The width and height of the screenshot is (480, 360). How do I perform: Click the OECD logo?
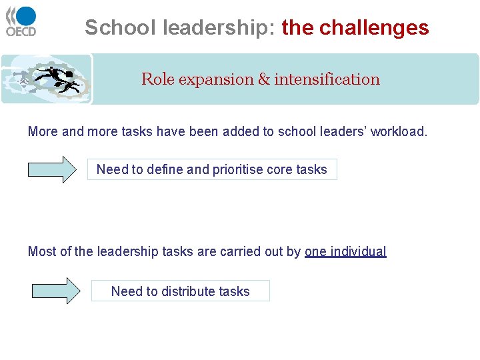click(x=21, y=21)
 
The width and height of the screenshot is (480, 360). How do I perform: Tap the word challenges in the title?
click(x=374, y=27)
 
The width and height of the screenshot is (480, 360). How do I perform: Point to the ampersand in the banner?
click(x=263, y=79)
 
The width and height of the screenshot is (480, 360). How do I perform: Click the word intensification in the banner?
click(x=327, y=79)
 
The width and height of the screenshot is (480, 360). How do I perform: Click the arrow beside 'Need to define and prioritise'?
click(x=52, y=169)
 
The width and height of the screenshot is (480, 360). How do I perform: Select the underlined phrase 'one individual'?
click(x=345, y=251)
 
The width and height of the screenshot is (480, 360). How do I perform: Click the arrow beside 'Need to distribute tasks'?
click(x=55, y=291)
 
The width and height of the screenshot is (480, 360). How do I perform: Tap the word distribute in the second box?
click(x=184, y=291)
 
